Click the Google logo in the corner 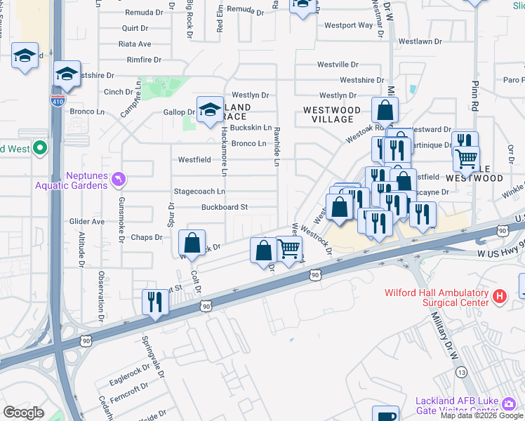(24, 413)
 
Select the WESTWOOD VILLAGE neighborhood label (331, 115)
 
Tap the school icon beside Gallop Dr (209, 109)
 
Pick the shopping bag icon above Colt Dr (192, 243)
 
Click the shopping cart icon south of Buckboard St (288, 248)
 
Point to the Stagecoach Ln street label (199, 192)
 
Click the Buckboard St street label (225, 207)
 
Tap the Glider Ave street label (86, 222)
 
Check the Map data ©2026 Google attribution (481, 415)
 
